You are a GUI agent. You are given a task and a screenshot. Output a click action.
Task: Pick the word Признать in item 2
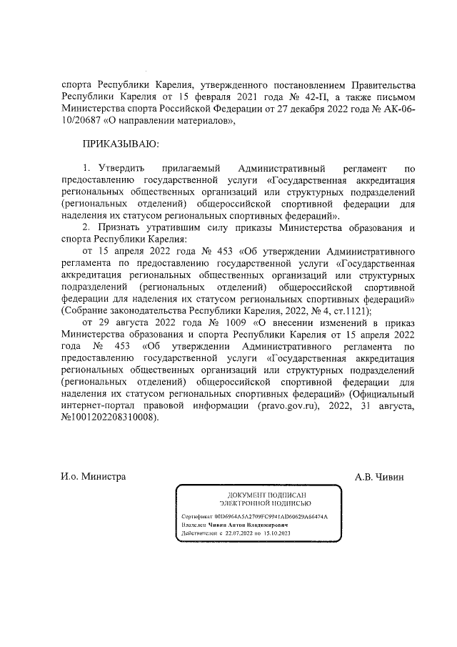122,227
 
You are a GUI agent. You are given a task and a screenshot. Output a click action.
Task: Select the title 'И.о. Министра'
93,476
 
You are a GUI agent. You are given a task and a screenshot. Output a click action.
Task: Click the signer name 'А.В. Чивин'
379,476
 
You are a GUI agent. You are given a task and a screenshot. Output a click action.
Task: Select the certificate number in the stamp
273,515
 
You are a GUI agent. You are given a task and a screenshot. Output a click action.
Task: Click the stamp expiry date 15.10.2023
271,533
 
